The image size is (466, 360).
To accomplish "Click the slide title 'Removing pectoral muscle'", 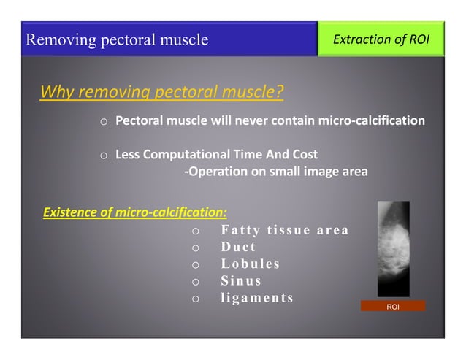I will [117, 39].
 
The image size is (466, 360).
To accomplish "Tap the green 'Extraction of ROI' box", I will [381, 39].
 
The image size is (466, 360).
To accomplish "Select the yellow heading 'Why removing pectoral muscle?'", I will [161, 93].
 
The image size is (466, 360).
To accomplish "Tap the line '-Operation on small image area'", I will [275, 172].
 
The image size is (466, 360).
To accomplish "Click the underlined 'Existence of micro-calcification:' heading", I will [136, 213].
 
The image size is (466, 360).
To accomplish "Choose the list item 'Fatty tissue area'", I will [284, 231].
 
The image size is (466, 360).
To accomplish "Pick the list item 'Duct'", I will [238, 248].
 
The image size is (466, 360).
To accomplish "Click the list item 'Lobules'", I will [251, 264].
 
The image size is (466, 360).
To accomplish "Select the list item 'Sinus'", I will [241, 281].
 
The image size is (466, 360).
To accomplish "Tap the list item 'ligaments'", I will [257, 298].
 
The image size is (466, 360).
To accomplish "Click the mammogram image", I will [394, 248].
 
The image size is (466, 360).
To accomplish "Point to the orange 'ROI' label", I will [393, 306].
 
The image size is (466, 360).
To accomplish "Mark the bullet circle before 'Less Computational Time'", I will [104, 156].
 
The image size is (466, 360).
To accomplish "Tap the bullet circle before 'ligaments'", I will [195, 299].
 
